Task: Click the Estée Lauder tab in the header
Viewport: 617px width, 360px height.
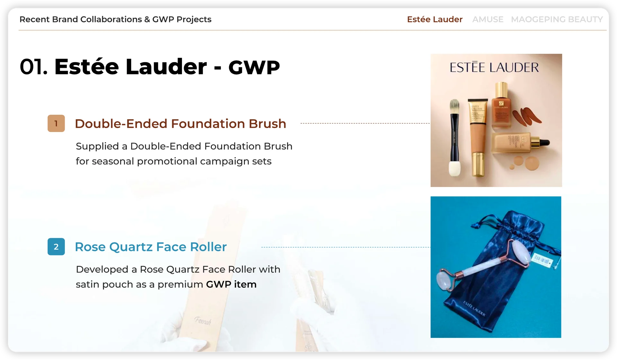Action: [x=434, y=19]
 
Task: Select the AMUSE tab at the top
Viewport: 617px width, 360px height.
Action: [x=487, y=19]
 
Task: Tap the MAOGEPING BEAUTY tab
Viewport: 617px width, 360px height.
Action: [x=557, y=19]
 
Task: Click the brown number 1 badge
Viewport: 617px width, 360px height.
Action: [x=56, y=123]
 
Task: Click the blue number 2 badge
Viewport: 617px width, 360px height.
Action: [x=56, y=247]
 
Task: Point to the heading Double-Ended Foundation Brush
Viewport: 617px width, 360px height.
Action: [x=180, y=124]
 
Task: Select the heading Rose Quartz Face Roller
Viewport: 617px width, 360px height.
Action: [x=151, y=247]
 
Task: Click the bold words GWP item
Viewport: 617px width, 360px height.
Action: [x=231, y=284]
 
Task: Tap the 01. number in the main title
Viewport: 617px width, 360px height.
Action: [x=34, y=67]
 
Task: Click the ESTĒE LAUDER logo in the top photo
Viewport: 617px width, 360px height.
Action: [x=494, y=67]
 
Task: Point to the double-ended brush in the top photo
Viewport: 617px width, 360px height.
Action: [x=455, y=138]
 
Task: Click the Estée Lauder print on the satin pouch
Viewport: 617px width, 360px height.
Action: [x=474, y=308]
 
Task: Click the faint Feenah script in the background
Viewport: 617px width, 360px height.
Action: [x=203, y=320]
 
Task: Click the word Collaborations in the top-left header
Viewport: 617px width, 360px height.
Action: [x=111, y=19]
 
